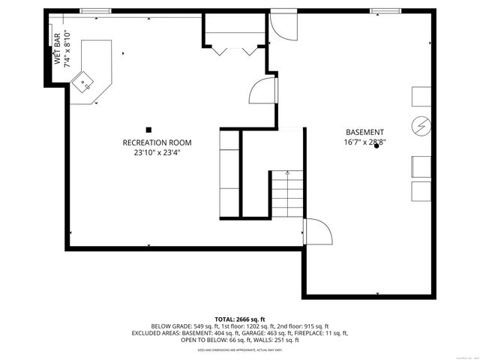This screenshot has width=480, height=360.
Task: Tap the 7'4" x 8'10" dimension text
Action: tap(67, 49)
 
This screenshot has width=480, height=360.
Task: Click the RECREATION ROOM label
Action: tap(157, 142)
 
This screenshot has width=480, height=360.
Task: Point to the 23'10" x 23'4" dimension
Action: tap(157, 152)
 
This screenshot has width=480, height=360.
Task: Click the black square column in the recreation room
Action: tap(148, 128)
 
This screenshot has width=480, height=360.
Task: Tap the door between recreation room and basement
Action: tap(262, 91)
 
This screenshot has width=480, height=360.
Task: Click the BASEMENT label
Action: tap(364, 132)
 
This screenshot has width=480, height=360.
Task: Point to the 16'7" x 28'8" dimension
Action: tap(364, 142)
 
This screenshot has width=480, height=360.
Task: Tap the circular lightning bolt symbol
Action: tap(420, 124)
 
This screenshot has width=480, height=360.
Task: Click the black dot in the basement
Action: tap(376, 146)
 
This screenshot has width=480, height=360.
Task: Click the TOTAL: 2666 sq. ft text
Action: tap(240, 319)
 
